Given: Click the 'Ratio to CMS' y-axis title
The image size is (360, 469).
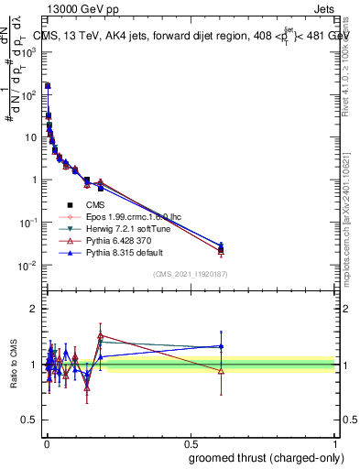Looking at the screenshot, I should coord(13,364).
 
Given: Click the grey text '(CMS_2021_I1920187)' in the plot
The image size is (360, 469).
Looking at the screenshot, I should coord(190,274).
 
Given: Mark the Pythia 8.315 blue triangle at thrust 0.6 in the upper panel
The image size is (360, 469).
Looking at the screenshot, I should coord(220,245).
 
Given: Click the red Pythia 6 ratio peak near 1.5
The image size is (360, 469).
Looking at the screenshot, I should coord(101,335).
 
